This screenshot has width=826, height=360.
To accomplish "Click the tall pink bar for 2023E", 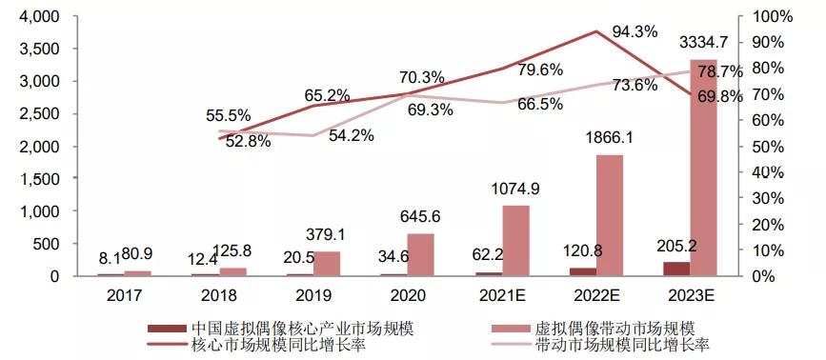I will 703,168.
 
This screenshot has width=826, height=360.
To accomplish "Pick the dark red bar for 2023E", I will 675,269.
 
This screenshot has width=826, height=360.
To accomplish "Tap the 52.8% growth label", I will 248,142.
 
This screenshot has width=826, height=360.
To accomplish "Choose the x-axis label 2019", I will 313,294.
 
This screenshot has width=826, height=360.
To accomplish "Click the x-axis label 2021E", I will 501,294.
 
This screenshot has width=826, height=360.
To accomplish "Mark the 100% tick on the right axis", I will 773,17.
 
